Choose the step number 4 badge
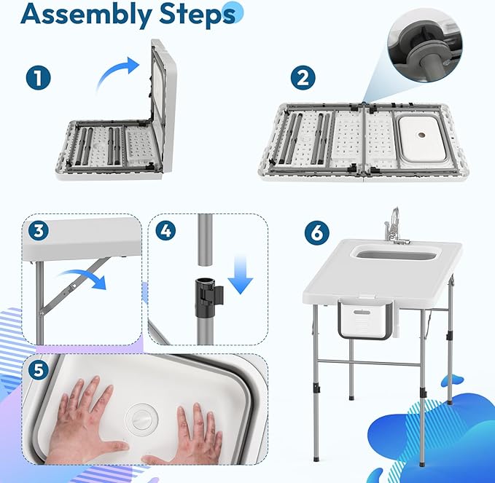[x=166, y=231]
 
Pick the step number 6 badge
[x=315, y=233]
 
